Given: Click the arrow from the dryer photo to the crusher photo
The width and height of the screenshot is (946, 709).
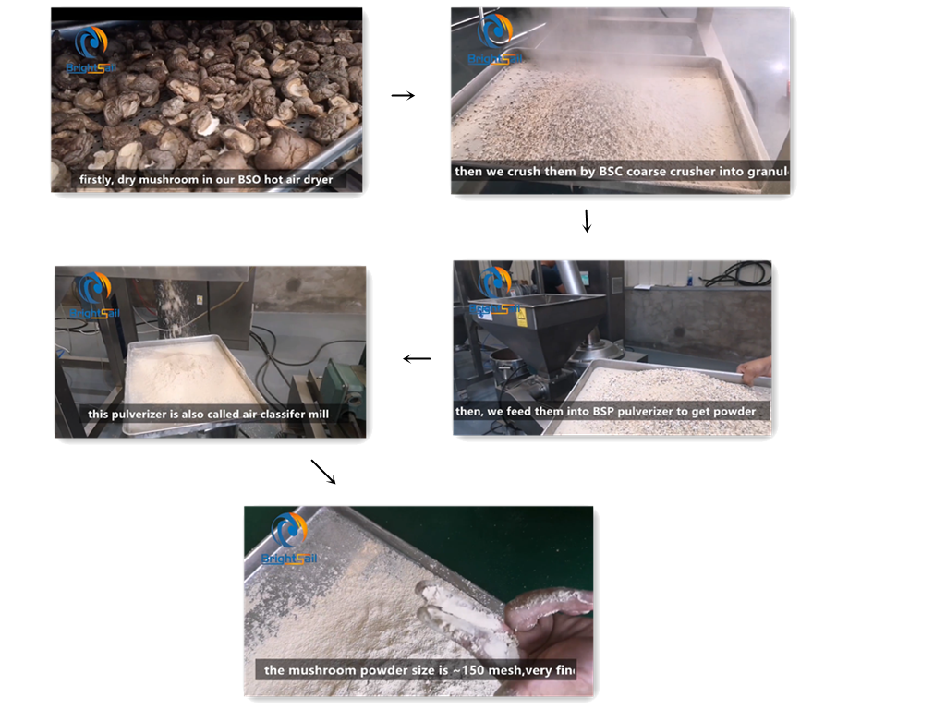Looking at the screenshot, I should [403, 95].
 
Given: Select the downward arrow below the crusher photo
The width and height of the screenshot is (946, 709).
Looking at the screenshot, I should [587, 222].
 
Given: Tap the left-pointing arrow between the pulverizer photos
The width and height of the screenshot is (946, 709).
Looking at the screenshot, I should [418, 358].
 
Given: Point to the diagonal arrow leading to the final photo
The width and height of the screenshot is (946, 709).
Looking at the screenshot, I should [323, 471].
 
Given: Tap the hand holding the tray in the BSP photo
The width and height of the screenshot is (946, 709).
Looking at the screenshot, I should [756, 369].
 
